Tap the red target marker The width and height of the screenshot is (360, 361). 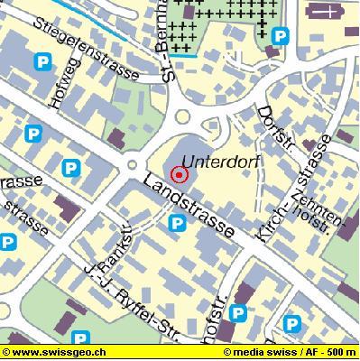(179, 174)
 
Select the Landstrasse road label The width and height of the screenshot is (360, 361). (191, 208)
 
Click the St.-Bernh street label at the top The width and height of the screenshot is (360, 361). (169, 41)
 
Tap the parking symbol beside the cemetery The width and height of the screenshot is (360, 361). (282, 36)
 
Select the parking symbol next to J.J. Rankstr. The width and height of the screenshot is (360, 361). (179, 223)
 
